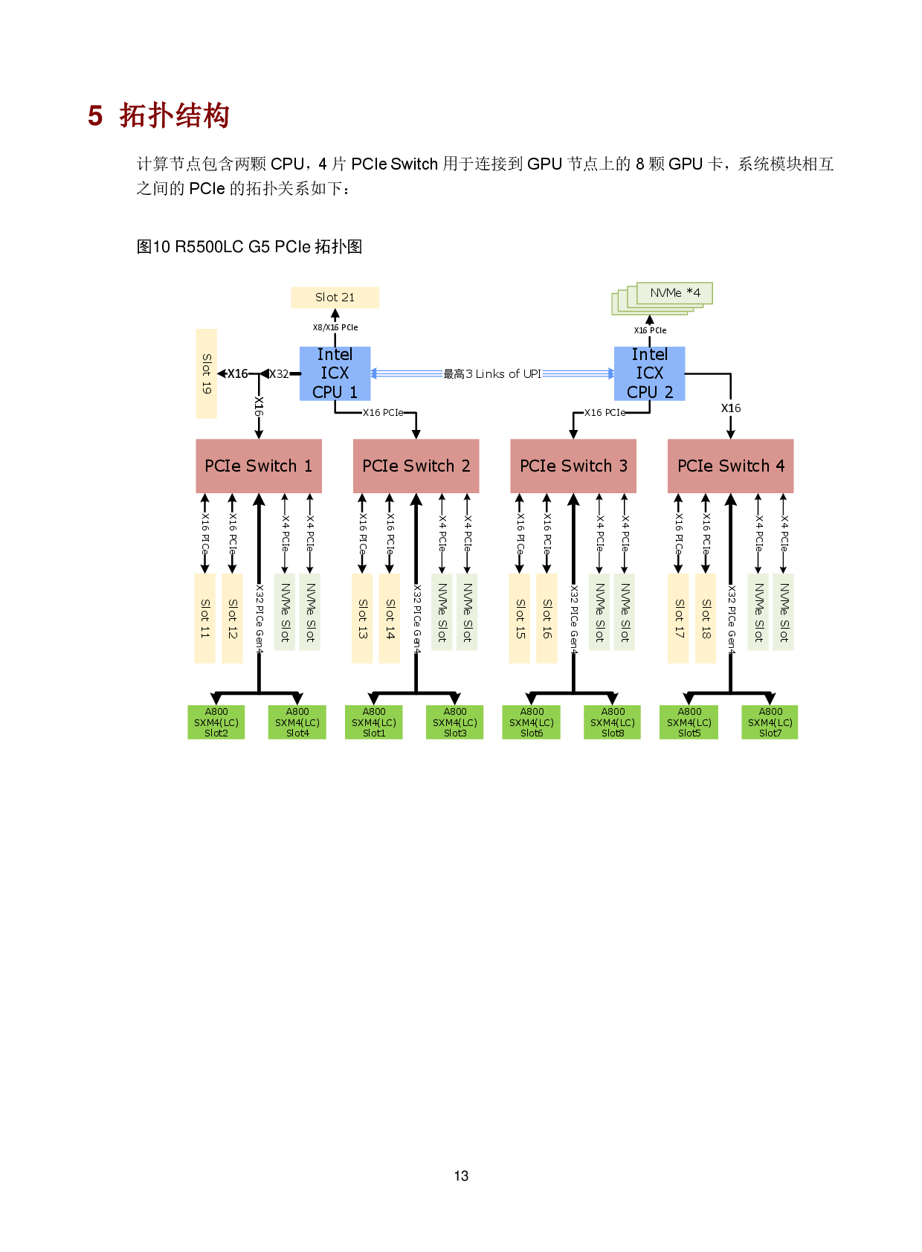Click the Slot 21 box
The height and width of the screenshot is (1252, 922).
click(335, 298)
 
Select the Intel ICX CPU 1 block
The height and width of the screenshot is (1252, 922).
click(335, 373)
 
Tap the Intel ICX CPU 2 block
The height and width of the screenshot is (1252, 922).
click(649, 373)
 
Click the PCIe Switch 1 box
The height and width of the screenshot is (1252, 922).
click(258, 466)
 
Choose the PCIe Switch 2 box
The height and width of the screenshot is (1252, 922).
click(416, 466)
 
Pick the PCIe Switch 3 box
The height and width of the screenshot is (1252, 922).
click(573, 466)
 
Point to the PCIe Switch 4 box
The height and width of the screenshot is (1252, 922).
click(730, 466)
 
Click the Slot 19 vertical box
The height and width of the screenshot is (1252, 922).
click(206, 373)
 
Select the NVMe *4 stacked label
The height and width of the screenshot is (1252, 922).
click(674, 293)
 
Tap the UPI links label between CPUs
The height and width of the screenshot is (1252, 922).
click(492, 374)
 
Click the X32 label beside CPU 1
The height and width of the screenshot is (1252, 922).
click(279, 374)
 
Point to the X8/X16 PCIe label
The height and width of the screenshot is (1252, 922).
click(335, 327)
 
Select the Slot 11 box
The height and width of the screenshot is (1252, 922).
click(204, 618)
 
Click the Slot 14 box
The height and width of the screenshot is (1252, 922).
click(389, 618)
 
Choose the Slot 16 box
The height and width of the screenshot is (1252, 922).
click(547, 618)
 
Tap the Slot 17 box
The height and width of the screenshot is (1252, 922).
click(678, 618)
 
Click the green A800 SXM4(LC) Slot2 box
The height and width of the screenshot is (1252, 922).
click(216, 722)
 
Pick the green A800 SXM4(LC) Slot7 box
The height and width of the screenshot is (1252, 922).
click(770, 722)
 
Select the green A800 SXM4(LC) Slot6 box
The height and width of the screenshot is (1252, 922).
click(531, 722)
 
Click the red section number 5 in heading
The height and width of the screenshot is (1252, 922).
click(95, 116)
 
